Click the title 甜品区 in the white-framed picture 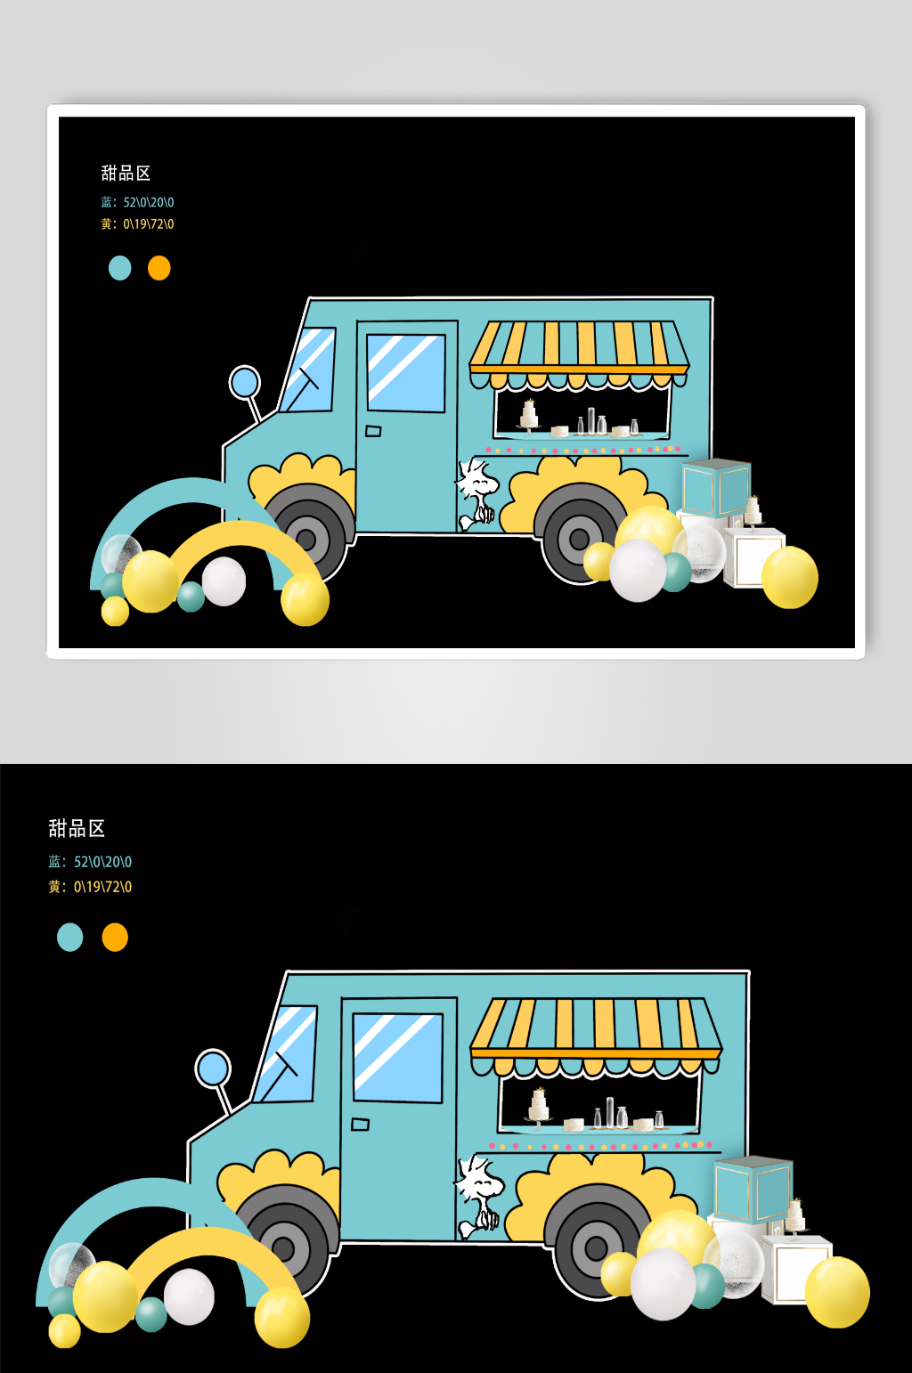click(x=126, y=173)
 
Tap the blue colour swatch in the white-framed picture click(x=119, y=268)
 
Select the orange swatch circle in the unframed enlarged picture click(x=115, y=938)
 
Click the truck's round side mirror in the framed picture click(x=245, y=382)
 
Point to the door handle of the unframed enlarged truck click(x=361, y=1125)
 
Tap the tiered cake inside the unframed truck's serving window click(x=539, y=1107)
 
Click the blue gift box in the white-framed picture click(x=716, y=487)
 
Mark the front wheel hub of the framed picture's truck click(x=305, y=540)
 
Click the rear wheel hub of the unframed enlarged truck click(x=597, y=1247)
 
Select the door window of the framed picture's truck click(x=406, y=373)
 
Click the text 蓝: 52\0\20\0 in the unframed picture click(x=90, y=862)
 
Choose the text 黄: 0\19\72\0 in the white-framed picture click(x=137, y=223)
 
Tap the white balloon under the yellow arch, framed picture click(x=224, y=581)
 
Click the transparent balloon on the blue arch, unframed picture click(x=72, y=1263)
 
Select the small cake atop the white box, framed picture click(x=753, y=510)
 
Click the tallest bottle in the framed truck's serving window click(x=591, y=420)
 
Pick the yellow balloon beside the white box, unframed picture click(x=837, y=1291)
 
